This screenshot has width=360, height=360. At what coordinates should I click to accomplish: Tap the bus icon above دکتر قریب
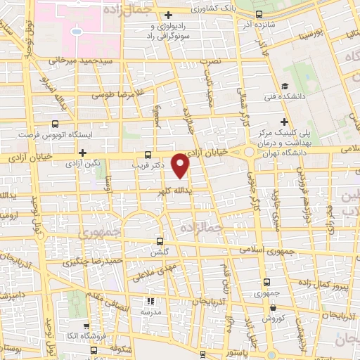[x=147, y=155]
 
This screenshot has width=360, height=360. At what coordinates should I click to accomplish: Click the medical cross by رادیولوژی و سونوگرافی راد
[x=167, y=15]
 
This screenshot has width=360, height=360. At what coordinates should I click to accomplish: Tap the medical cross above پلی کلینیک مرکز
[x=285, y=121]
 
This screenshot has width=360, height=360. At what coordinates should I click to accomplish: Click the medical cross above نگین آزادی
[x=83, y=152]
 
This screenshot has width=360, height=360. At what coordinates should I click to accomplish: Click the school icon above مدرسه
[x=148, y=300]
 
